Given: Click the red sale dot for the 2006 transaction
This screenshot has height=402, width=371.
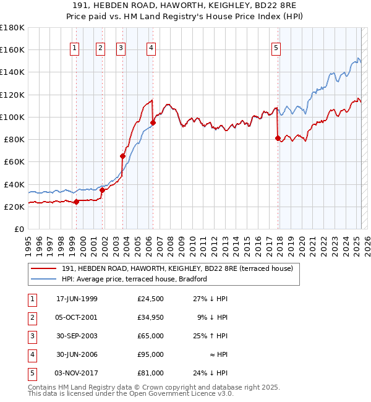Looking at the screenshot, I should pos(153,122).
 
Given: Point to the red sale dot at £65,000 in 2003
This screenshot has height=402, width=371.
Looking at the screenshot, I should pos(123,156).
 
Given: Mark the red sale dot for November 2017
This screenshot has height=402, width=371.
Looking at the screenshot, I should pos(278,138).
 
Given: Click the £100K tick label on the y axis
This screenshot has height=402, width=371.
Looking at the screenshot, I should pos(12,117).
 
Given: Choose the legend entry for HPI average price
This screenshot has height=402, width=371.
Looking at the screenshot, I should pos(134,279).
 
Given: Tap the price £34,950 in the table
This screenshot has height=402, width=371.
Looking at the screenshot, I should pos(150,318).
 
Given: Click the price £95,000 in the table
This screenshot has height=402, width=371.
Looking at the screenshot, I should pos(150,355).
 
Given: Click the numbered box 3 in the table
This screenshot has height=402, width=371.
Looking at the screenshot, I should pos(30,336).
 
